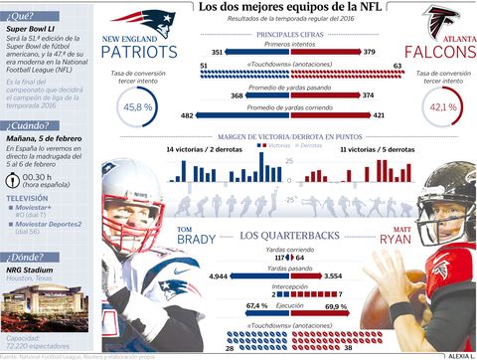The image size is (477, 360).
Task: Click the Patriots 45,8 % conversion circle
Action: click(138, 106)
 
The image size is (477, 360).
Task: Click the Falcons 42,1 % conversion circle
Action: click(441, 106)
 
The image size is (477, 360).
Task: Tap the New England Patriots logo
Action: click(139, 21)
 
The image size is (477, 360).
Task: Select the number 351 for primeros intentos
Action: click(218, 51)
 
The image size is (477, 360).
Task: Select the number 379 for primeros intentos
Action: click(370, 51)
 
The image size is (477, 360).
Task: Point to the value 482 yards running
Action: click(187, 115)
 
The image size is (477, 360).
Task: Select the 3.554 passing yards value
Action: click(361, 275)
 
